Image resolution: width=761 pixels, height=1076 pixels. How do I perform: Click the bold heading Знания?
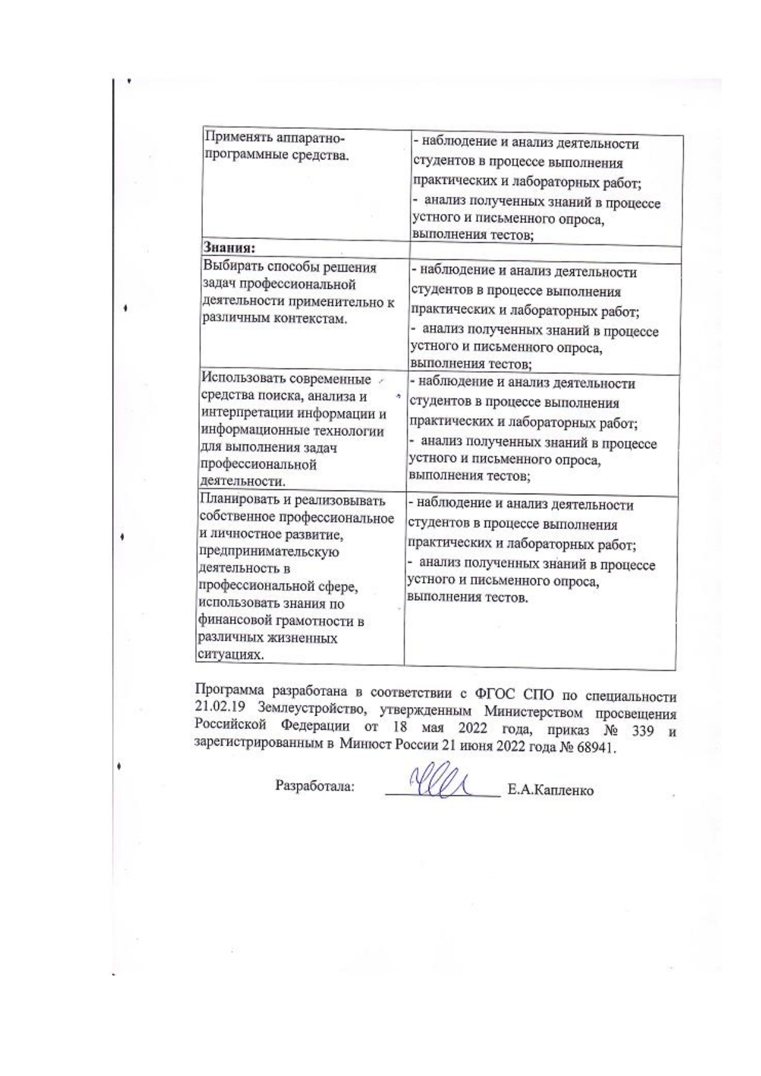229,248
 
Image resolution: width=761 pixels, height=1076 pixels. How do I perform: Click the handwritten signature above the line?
442,782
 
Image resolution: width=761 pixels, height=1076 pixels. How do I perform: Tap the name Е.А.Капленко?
550,790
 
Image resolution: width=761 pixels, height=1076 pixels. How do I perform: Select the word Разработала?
315,786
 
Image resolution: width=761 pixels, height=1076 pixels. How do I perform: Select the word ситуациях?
223,654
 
